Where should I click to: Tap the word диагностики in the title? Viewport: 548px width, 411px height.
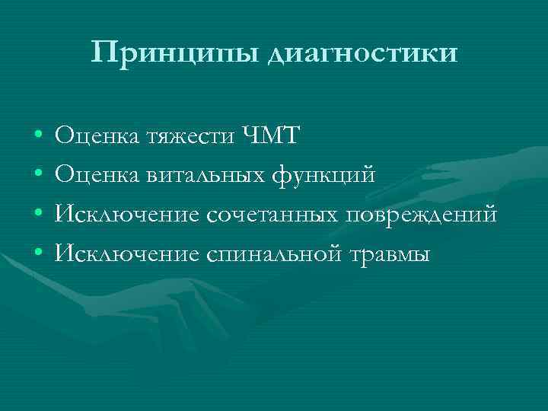coord(363,54)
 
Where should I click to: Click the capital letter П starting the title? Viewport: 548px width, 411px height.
coord(101,52)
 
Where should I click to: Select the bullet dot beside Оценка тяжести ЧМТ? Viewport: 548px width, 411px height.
coord(37,138)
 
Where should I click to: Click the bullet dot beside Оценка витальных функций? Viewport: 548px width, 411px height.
coord(37,177)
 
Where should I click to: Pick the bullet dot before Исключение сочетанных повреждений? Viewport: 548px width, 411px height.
coord(37,215)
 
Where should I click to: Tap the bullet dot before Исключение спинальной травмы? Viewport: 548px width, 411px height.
coord(37,254)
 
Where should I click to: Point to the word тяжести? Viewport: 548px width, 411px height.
coord(196,138)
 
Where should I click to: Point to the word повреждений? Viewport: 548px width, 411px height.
coord(422,215)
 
